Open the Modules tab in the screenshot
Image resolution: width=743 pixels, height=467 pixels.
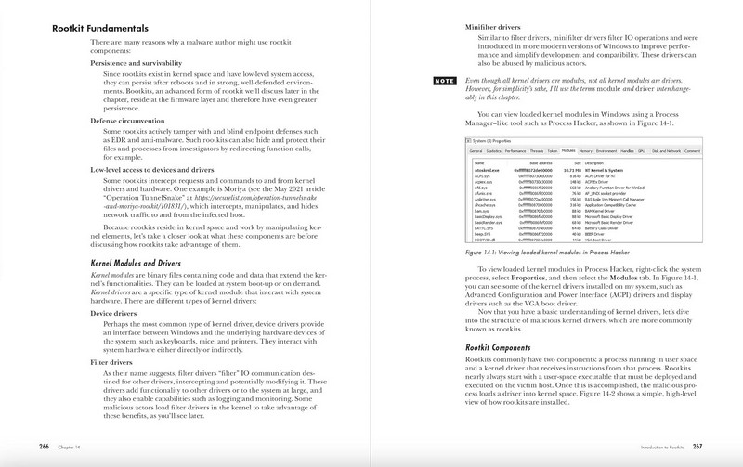[568, 149]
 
